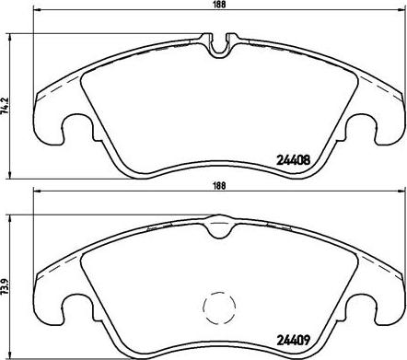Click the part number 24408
pyautogui.click(x=294, y=160)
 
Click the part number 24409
pyautogui.click(x=294, y=340)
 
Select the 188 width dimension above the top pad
pyautogui.click(x=219, y=5)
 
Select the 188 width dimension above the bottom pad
pyautogui.click(x=219, y=186)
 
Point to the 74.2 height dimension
pyautogui.click(x=5, y=106)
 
